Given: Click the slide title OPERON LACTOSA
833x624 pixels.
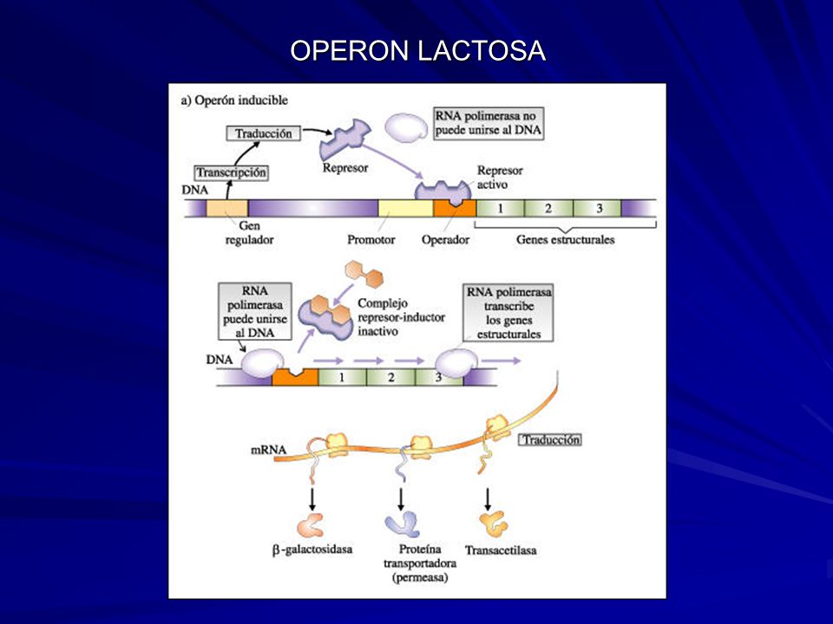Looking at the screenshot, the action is tap(417, 51).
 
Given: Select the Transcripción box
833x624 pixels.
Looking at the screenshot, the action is tap(231, 172).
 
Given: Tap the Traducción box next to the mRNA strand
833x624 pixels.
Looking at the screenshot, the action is tap(550, 440).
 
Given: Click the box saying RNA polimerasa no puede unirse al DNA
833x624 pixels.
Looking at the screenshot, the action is tap(489, 123).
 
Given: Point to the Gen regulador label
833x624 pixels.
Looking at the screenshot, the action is tap(249, 232).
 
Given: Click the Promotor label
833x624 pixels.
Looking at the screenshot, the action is tap(371, 240).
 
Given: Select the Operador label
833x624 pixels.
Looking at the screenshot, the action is tap(445, 240).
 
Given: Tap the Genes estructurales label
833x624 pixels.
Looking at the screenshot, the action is tap(565, 240).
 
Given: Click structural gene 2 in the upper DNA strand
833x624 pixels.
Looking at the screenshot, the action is tap(548, 209).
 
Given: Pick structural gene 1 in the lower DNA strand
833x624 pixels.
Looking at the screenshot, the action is tap(342, 377).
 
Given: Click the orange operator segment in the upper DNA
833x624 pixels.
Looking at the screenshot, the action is tap(454, 209).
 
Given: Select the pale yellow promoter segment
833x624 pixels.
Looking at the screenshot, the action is tap(405, 209).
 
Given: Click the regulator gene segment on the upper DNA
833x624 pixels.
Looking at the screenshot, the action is tap(226, 209).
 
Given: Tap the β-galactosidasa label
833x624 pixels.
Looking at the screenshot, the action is tap(312, 549).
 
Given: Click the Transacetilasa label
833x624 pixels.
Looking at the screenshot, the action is tap(501, 550).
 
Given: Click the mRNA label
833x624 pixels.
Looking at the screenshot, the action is tap(268, 451).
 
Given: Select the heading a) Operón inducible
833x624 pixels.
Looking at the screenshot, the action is tap(234, 101).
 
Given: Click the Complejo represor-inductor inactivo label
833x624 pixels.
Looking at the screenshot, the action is tap(401, 317).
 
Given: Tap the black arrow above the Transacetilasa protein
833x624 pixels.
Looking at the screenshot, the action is tap(487, 499).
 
